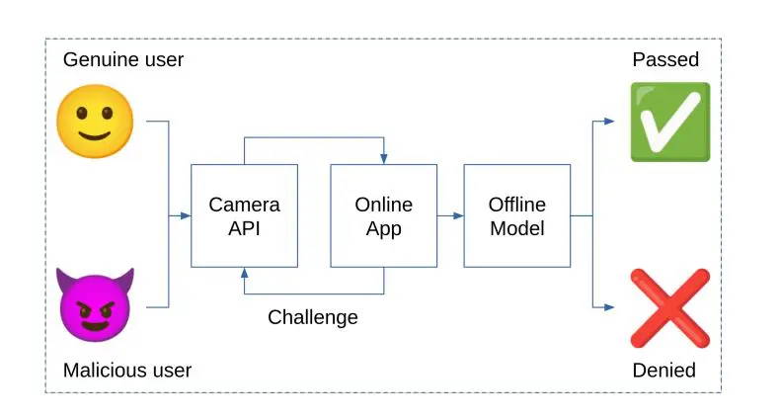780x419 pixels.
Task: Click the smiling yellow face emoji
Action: (x=95, y=121)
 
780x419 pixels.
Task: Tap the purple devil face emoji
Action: (x=95, y=304)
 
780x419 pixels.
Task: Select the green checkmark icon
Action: (x=669, y=122)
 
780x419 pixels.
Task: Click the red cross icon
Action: (x=669, y=307)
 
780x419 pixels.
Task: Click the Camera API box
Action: (x=244, y=215)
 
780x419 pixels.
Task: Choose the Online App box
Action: (x=383, y=215)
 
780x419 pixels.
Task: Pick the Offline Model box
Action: (x=516, y=215)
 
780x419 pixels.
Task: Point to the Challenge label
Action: (x=313, y=317)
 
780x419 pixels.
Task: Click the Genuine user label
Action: (x=123, y=59)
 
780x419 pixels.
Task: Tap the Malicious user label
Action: (x=127, y=371)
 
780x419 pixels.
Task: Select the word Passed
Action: (x=665, y=59)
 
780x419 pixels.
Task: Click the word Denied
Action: (x=664, y=371)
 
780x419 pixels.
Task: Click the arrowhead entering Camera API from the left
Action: (x=186, y=215)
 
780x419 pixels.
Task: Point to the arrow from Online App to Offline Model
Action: (x=449, y=215)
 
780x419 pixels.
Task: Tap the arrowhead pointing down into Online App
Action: (x=383, y=159)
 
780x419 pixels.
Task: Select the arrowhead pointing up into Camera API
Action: (x=244, y=274)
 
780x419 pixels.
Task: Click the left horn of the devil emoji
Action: (x=65, y=279)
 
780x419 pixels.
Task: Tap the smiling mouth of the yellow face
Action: (x=95, y=136)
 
